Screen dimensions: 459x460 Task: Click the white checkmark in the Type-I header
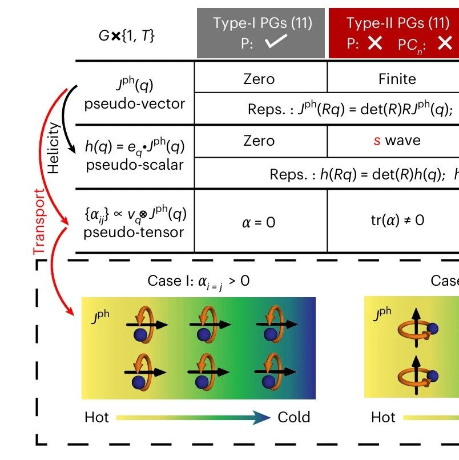[276, 41]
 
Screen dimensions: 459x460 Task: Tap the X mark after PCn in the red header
[445, 43]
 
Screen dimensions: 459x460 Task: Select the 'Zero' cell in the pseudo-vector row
[259, 79]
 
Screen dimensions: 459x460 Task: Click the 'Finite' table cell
[397, 79]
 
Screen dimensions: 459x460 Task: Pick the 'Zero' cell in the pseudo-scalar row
[259, 141]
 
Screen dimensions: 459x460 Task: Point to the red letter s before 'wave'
[377, 141]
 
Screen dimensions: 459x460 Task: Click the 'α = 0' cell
[259, 222]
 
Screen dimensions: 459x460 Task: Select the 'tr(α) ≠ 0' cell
[397, 220]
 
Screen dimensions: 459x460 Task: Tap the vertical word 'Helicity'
[54, 148]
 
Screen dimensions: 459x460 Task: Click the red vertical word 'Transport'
[39, 222]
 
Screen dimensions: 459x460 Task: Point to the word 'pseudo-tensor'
[134, 233]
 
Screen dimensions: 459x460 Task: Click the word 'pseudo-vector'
[135, 104]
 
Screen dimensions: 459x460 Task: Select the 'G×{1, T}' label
[126, 36]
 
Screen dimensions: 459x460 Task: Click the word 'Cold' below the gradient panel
[293, 417]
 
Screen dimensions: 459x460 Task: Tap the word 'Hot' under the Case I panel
[96, 417]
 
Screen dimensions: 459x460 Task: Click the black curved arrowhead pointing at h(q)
[71, 149]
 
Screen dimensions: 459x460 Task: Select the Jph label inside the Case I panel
[100, 317]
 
